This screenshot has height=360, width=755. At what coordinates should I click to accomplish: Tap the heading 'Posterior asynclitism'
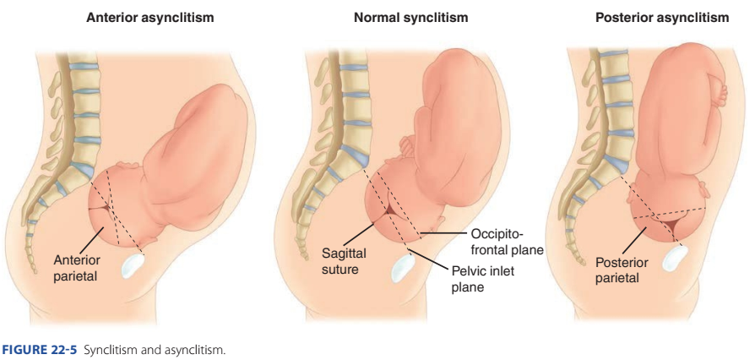click(x=661, y=18)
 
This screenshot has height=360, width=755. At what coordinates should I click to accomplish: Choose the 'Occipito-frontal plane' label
click(x=504, y=242)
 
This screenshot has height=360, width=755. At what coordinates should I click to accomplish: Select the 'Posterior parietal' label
click(x=622, y=270)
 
